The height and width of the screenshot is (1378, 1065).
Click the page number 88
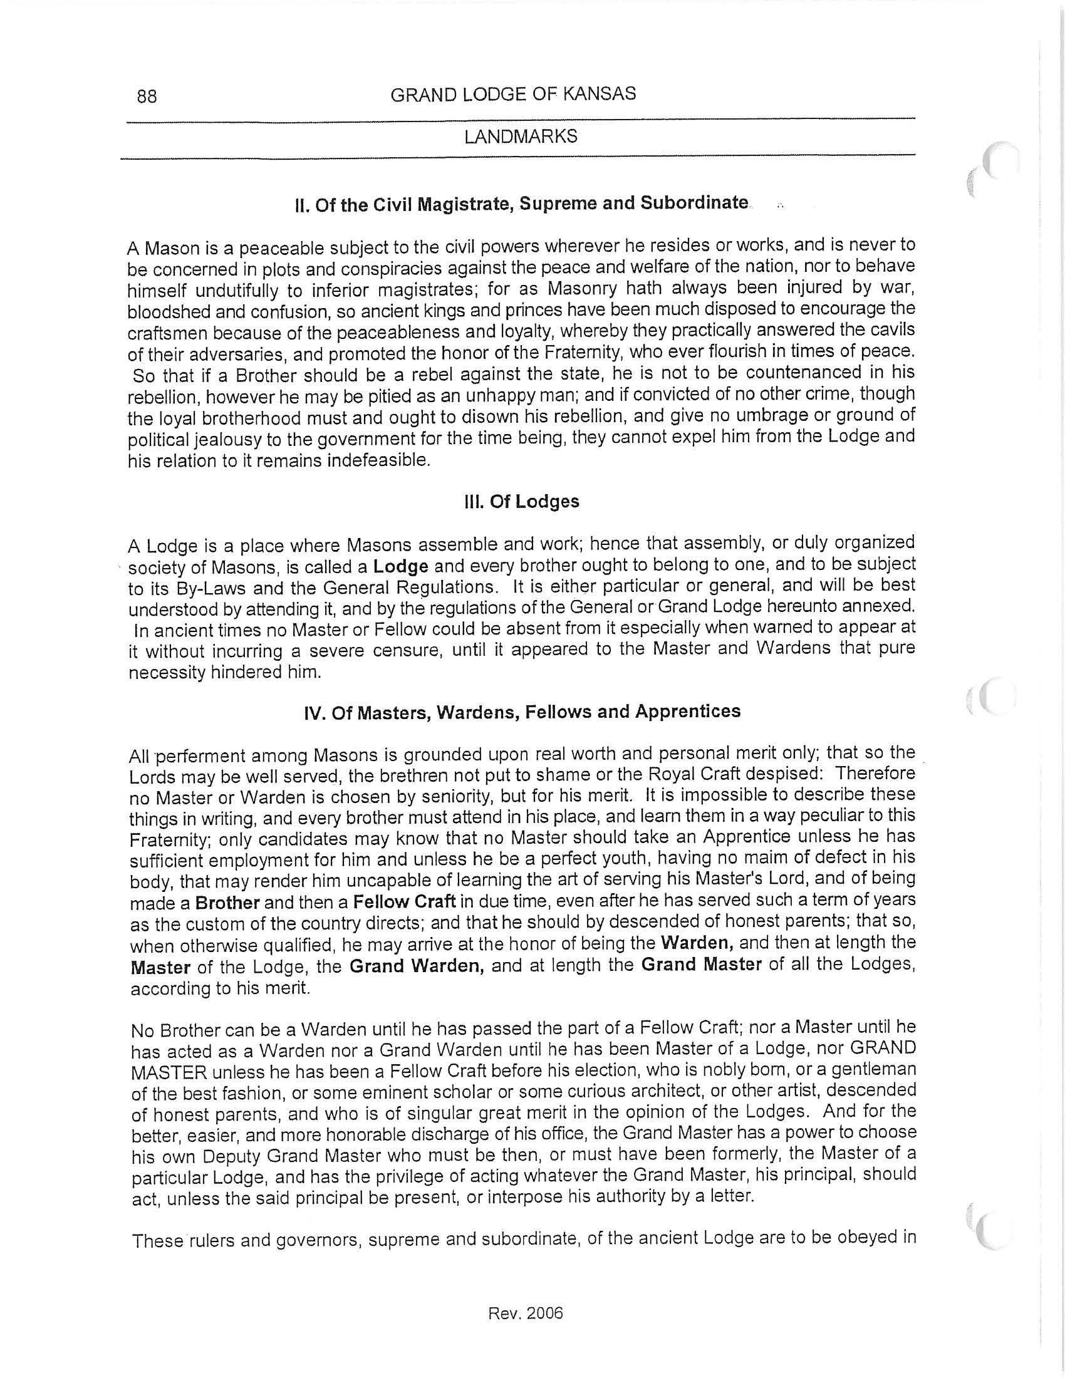(x=147, y=96)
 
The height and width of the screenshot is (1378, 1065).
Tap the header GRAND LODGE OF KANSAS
(x=513, y=95)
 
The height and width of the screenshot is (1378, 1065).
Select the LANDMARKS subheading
(x=521, y=137)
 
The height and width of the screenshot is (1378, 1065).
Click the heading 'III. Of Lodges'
(x=521, y=502)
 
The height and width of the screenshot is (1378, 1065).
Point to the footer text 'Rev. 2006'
(x=526, y=1313)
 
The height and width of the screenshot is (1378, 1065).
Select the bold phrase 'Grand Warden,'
(x=417, y=966)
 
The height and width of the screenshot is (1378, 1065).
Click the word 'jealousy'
(x=209, y=439)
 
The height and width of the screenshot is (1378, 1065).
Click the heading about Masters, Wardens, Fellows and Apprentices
(x=522, y=712)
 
